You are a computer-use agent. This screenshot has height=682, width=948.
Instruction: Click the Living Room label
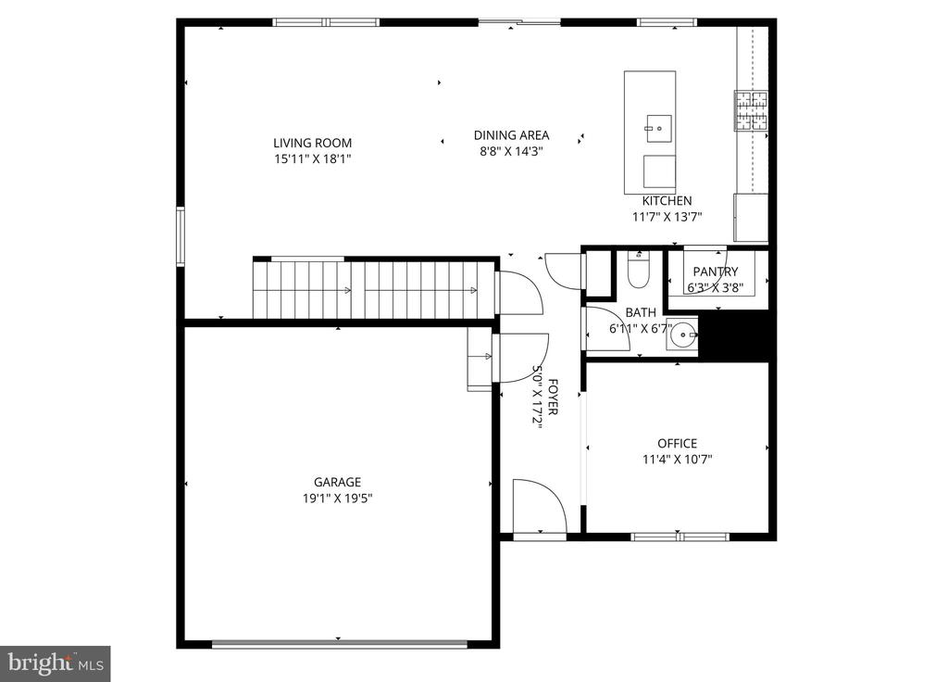[312, 143]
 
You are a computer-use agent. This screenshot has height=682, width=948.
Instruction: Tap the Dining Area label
[511, 135]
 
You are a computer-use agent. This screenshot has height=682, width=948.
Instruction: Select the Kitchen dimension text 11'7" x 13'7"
[667, 217]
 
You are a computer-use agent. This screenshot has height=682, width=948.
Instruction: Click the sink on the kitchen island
[658, 128]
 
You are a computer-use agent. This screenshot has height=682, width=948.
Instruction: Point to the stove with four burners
[751, 109]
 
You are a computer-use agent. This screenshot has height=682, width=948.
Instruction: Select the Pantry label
[716, 272]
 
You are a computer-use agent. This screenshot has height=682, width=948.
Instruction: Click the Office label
[677, 443]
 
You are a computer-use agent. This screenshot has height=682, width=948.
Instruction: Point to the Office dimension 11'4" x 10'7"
[677, 459]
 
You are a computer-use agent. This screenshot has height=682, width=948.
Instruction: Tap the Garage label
[337, 482]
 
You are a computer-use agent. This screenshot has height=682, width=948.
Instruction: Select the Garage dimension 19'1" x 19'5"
[337, 498]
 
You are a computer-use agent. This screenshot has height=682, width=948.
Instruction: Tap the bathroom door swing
[607, 330]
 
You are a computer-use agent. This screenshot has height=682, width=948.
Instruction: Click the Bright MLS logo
[55, 663]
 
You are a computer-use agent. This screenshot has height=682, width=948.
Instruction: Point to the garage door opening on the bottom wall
[339, 643]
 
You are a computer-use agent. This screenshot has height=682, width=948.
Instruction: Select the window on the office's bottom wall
[680, 536]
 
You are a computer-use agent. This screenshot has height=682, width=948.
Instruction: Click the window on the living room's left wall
[181, 236]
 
